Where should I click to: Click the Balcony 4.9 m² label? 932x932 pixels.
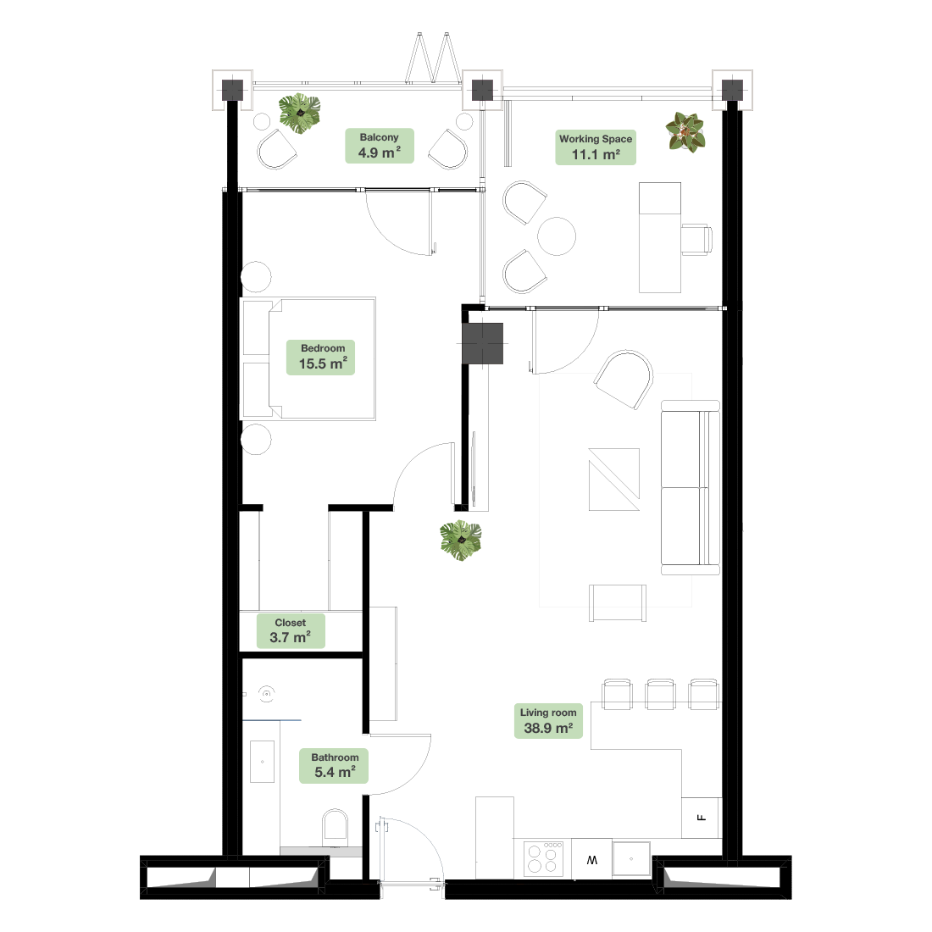click(380, 146)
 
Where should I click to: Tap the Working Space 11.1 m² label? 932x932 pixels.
click(596, 147)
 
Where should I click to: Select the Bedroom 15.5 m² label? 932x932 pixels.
click(321, 358)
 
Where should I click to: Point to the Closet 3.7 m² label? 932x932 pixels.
click(291, 630)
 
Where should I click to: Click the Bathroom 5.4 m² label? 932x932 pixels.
click(334, 766)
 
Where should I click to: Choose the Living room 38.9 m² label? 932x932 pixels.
click(548, 721)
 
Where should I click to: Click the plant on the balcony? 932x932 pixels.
click(300, 113)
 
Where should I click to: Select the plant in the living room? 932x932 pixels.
click(461, 541)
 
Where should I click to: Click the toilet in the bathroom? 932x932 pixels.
click(335, 827)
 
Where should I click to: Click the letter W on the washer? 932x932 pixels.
click(592, 860)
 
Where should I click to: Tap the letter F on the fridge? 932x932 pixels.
click(702, 818)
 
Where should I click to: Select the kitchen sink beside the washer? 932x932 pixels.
click(631, 858)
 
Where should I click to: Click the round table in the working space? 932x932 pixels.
click(557, 236)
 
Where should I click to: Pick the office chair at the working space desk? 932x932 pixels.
click(696, 240)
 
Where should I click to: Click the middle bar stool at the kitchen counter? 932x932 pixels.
click(660, 694)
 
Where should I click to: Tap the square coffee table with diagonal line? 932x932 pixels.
click(614, 479)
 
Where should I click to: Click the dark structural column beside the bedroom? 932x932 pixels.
click(483, 343)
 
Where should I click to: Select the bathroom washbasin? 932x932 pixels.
click(262, 762)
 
